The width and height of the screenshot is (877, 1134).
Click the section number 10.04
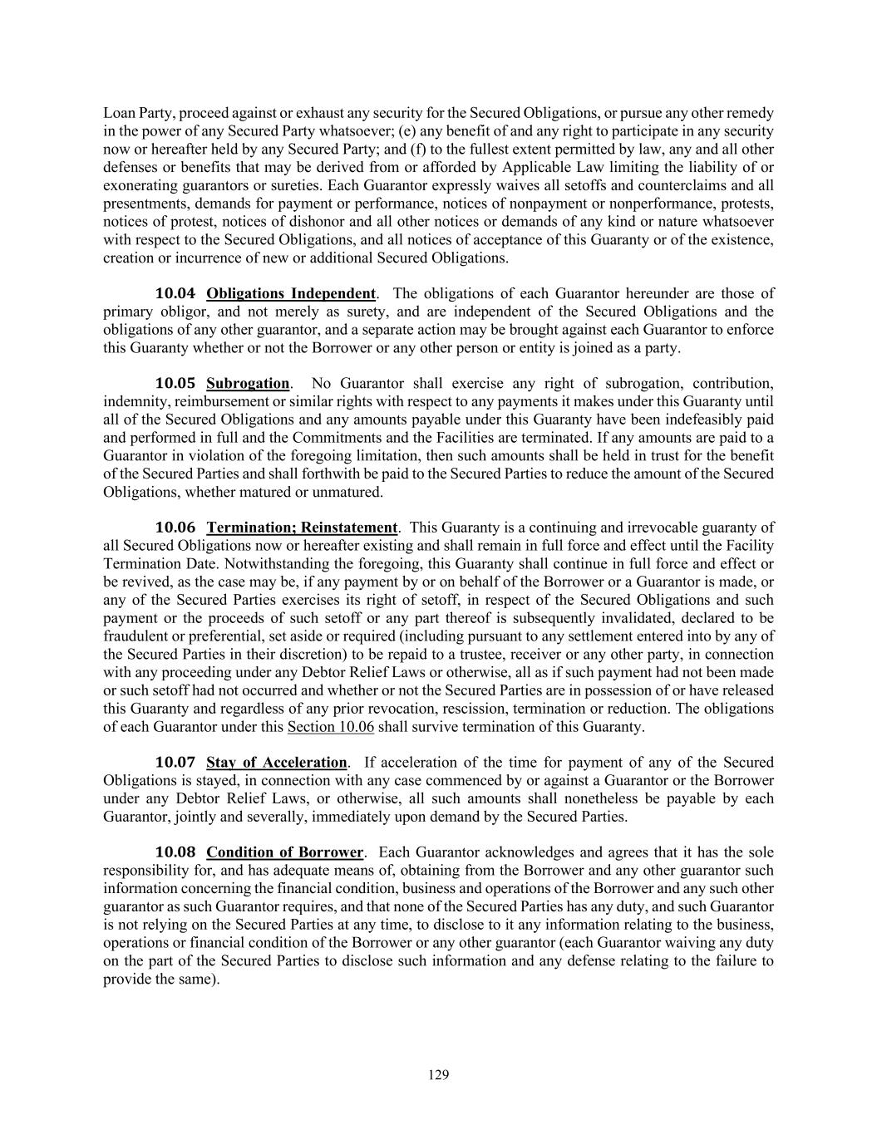(x=175, y=293)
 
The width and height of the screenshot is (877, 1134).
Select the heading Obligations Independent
(x=291, y=293)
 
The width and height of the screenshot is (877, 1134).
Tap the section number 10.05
(x=175, y=384)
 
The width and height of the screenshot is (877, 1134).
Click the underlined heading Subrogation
(x=248, y=384)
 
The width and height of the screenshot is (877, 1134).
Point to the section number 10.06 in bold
(x=175, y=528)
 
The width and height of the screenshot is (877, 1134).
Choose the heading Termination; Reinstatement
(x=303, y=528)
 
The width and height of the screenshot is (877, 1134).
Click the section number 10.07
(x=175, y=763)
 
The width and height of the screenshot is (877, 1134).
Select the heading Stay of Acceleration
(x=277, y=763)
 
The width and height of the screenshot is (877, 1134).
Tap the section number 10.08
(x=175, y=852)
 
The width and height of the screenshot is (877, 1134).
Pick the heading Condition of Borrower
(x=285, y=852)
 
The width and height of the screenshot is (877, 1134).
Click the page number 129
(x=438, y=1075)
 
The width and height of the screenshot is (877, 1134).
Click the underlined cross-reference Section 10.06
(x=330, y=727)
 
